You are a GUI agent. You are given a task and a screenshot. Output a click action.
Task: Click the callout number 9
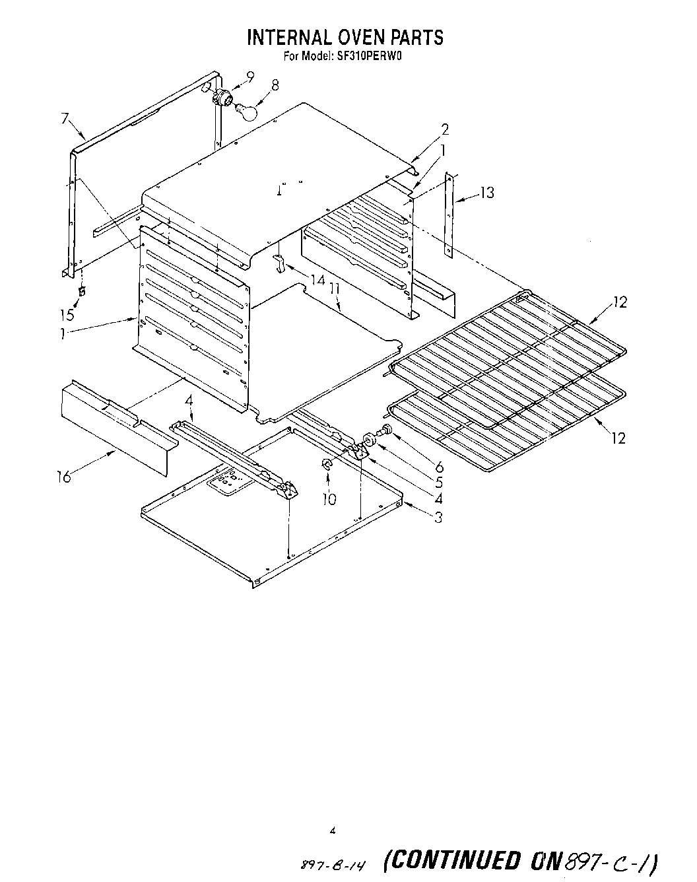249,77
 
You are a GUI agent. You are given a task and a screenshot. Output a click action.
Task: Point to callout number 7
65,119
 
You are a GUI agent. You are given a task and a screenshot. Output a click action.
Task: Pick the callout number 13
486,193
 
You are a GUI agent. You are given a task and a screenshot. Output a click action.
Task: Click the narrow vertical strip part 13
449,215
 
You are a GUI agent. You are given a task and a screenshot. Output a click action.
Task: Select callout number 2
445,129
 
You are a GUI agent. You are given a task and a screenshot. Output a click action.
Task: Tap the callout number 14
318,280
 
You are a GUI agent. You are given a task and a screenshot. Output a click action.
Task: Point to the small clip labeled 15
83,290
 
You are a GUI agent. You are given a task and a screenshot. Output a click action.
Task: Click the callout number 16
64,477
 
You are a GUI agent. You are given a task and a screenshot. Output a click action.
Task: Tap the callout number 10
329,499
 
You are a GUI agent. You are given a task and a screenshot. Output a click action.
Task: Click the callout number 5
439,483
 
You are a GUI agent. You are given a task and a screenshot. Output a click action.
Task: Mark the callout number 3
438,517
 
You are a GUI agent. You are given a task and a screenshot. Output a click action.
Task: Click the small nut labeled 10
326,465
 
